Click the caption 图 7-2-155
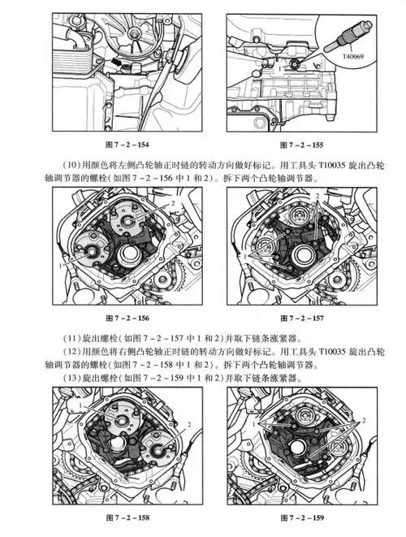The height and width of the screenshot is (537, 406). click(x=300, y=144)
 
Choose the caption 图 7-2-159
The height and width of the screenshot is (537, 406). click(x=300, y=518)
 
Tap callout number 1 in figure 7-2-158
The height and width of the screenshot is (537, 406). click(x=83, y=404)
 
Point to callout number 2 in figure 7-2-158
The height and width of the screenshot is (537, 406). click(x=189, y=423)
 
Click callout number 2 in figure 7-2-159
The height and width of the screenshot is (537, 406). click(x=365, y=420)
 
